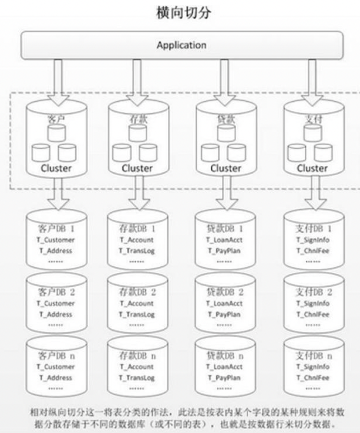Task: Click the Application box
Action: (x=181, y=45)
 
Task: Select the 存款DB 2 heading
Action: (x=137, y=293)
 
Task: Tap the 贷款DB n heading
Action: (x=224, y=356)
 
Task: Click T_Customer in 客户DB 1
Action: (x=56, y=240)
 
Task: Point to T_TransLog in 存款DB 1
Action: (x=137, y=251)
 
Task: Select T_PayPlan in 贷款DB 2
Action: (x=224, y=314)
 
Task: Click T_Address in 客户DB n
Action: (x=56, y=377)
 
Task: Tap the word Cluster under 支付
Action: (x=312, y=168)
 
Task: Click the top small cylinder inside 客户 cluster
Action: (x=56, y=132)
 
